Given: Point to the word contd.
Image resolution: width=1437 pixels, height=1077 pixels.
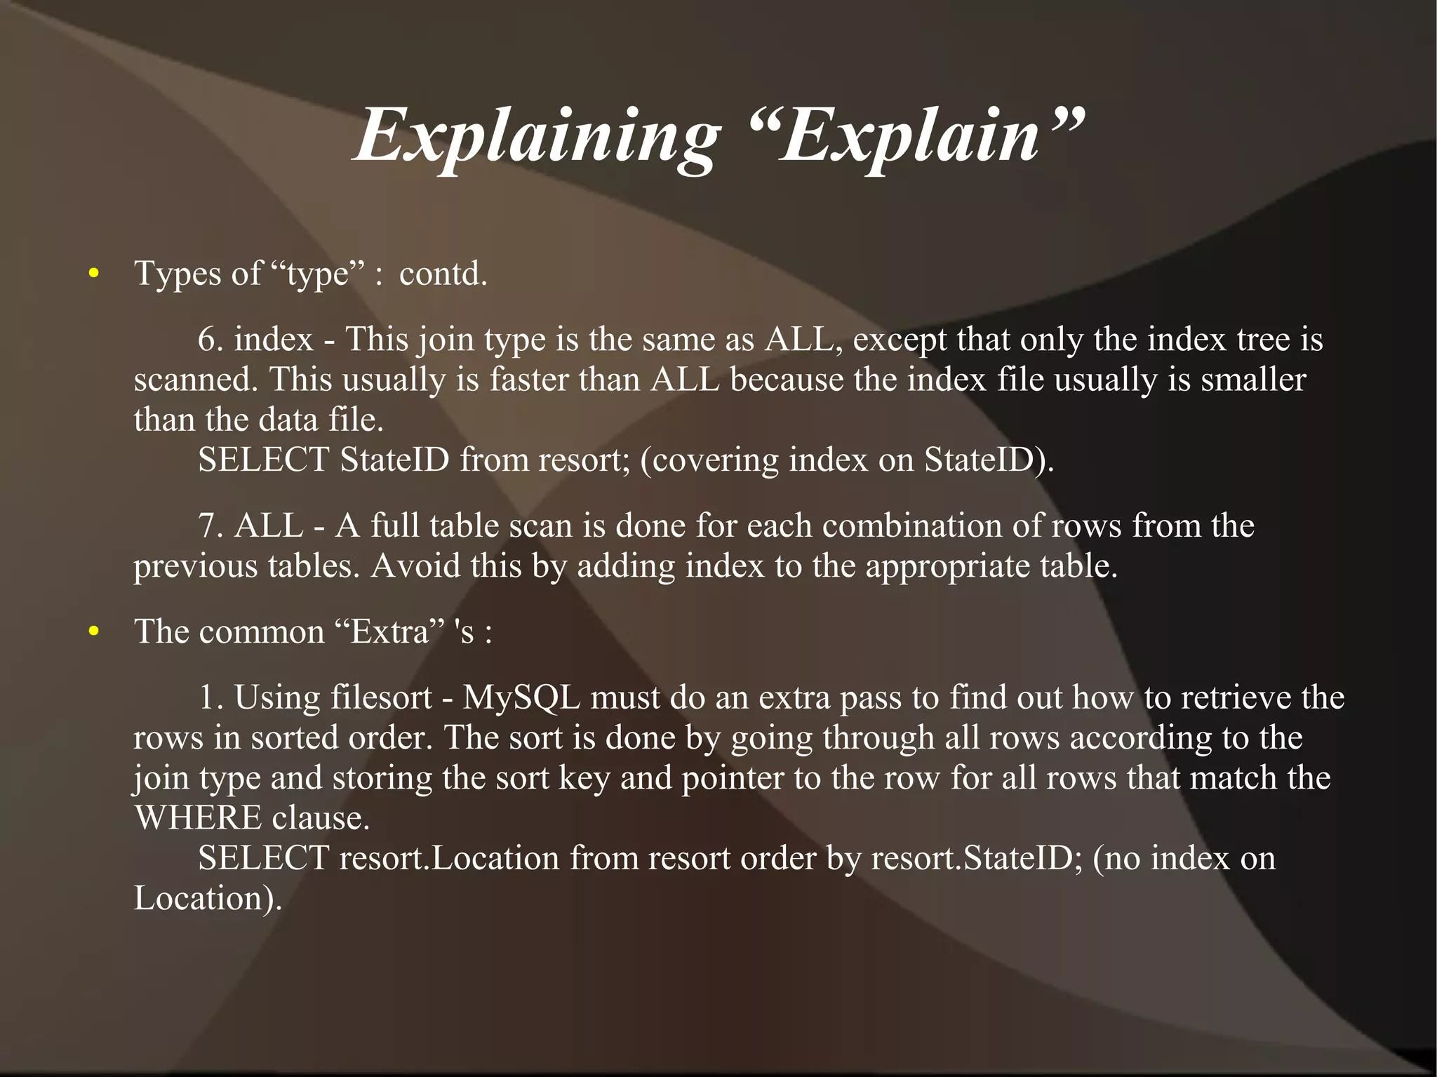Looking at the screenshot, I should click(x=443, y=274).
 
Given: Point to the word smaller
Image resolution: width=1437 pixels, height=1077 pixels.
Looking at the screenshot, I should click(x=1253, y=380).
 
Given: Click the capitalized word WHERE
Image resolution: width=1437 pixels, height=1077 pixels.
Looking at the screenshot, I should click(x=197, y=819).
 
